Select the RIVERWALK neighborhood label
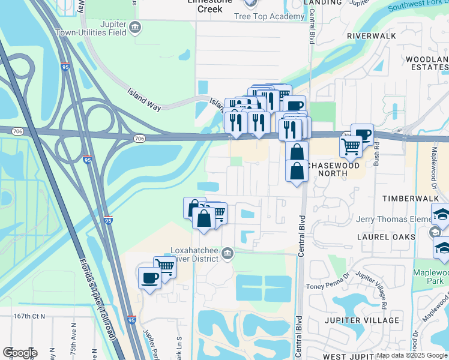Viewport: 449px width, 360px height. (372, 36)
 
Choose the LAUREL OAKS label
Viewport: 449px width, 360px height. (386, 237)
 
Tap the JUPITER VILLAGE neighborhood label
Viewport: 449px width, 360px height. (362, 320)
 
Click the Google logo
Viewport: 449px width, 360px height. (20, 353)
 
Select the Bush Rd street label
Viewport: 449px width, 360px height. (376, 155)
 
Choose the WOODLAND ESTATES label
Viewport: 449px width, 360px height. (427, 63)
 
